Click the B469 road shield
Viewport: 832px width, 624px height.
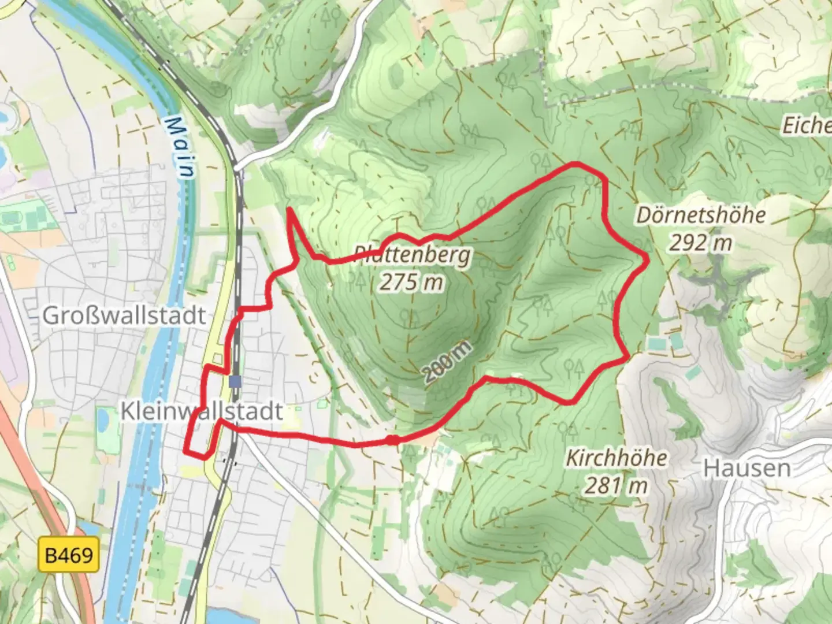click(68, 555)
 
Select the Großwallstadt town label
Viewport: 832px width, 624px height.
click(124, 316)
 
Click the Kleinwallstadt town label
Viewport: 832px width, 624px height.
click(202, 411)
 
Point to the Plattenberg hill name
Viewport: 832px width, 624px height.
click(412, 254)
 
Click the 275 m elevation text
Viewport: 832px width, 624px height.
click(412, 282)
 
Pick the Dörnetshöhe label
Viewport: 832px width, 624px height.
click(701, 216)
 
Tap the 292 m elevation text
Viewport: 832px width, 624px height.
click(701, 243)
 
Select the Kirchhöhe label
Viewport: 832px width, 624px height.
click(616, 458)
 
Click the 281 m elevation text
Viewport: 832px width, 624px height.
click(616, 486)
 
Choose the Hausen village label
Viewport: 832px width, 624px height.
click(746, 468)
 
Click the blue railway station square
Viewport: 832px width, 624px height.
click(235, 381)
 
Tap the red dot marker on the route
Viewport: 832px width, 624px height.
click(392, 440)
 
